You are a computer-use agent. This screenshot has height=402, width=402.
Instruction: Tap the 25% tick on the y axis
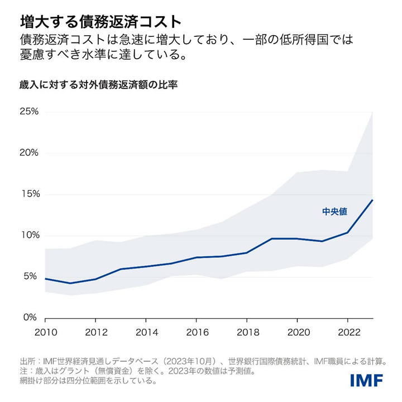[29, 112]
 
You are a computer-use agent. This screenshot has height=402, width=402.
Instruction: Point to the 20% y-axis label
[29, 153]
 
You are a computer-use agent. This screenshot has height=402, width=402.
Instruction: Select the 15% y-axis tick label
[29, 194]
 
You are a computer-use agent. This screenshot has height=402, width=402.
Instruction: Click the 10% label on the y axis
[29, 235]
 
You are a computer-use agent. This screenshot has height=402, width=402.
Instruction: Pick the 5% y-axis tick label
[31, 276]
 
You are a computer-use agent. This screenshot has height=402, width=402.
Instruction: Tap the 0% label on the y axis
[31, 318]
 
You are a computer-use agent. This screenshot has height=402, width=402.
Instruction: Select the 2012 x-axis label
[95, 333]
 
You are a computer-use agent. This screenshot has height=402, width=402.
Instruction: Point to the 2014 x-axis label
[146, 333]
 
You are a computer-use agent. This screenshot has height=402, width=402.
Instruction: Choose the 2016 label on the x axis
[196, 333]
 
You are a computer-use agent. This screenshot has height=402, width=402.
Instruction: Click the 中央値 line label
[334, 212]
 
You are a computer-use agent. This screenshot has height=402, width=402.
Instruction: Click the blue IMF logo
[366, 380]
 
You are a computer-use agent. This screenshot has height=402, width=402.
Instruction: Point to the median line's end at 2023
[372, 200]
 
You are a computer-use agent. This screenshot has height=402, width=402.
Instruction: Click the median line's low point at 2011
[70, 283]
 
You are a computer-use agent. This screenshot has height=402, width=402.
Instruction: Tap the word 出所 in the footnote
[27, 361]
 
